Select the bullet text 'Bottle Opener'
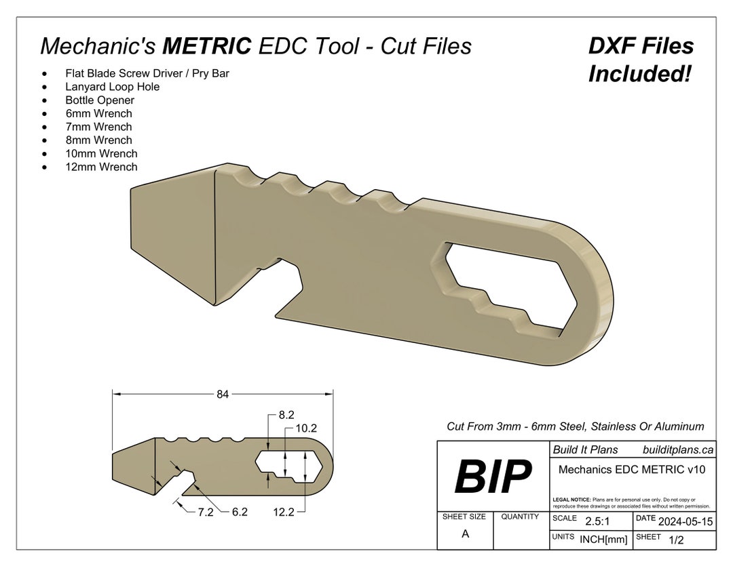(x=100, y=100)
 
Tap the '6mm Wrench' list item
(x=98, y=114)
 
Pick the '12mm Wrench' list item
(x=101, y=167)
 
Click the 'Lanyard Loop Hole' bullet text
(x=113, y=87)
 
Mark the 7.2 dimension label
(x=206, y=513)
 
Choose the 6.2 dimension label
(x=240, y=513)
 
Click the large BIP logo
(x=493, y=477)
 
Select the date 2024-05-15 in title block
(x=685, y=521)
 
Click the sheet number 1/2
(x=676, y=540)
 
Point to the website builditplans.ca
(x=677, y=450)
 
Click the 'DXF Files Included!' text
(x=641, y=60)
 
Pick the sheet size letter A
(x=465, y=534)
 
